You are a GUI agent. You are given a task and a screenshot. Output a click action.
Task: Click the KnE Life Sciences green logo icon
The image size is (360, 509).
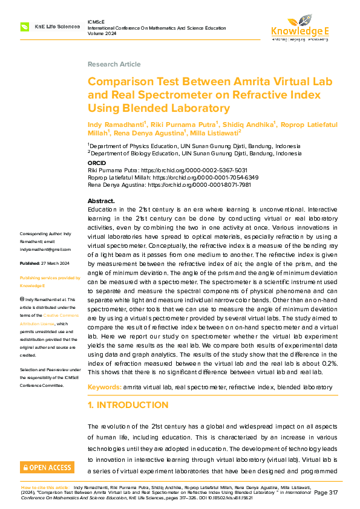tap(25, 27)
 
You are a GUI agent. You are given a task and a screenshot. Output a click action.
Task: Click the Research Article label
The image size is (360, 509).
tap(114, 64)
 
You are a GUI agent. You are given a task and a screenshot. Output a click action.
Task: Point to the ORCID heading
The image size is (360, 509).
tap(97, 163)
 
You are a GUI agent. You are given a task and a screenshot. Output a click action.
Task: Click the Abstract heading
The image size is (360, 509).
tap(101, 200)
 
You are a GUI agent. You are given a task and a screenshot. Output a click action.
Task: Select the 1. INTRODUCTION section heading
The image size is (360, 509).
tap(128, 404)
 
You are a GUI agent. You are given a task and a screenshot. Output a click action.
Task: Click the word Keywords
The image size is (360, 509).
tap(105, 386)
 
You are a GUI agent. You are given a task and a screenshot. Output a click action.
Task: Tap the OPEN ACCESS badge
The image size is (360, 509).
tap(47, 467)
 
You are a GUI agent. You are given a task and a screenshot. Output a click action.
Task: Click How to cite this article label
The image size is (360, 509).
tap(45, 487)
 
